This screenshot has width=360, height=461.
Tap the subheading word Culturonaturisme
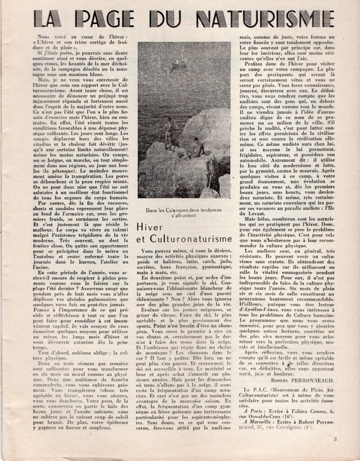[x=184, y=239]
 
